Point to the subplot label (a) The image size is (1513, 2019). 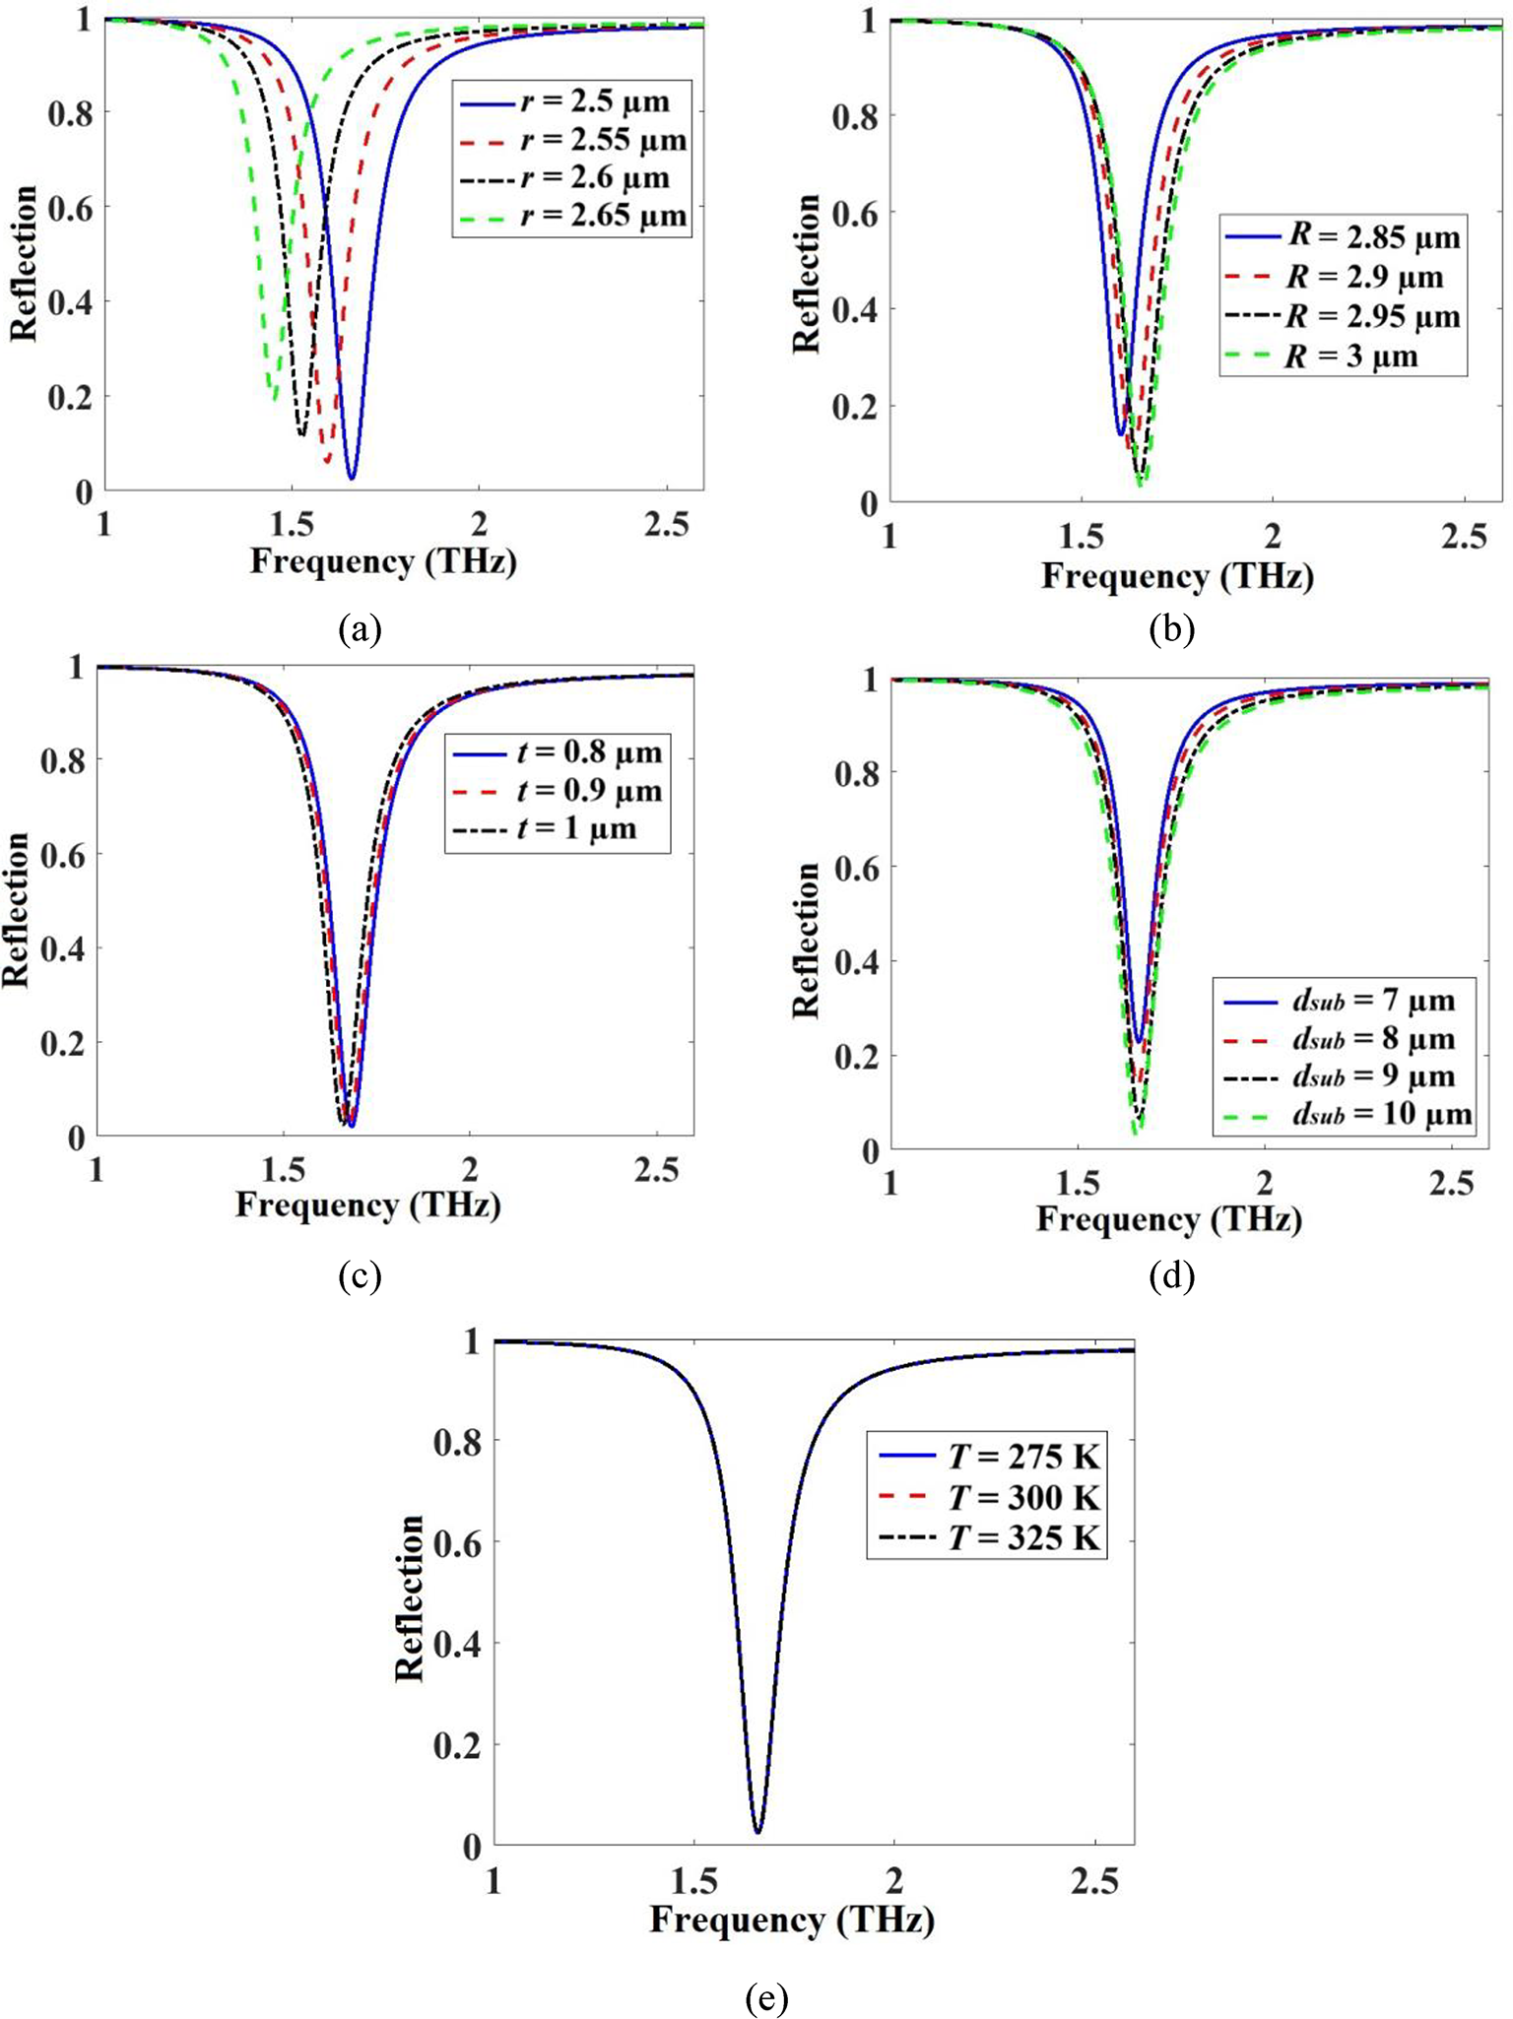(359, 628)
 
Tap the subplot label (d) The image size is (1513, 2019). (1171, 1276)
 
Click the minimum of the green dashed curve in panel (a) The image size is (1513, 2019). (274, 396)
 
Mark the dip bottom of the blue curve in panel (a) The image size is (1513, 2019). (352, 478)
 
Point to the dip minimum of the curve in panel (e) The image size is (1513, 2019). (757, 1832)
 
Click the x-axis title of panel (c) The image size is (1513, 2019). (368, 1205)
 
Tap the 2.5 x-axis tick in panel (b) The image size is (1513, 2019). (1464, 538)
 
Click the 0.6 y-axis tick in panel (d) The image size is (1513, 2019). (857, 867)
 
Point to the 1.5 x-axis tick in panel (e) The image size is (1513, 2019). (694, 1881)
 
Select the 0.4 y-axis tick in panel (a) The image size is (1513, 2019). (70, 302)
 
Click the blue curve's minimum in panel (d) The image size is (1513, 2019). (1140, 1040)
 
